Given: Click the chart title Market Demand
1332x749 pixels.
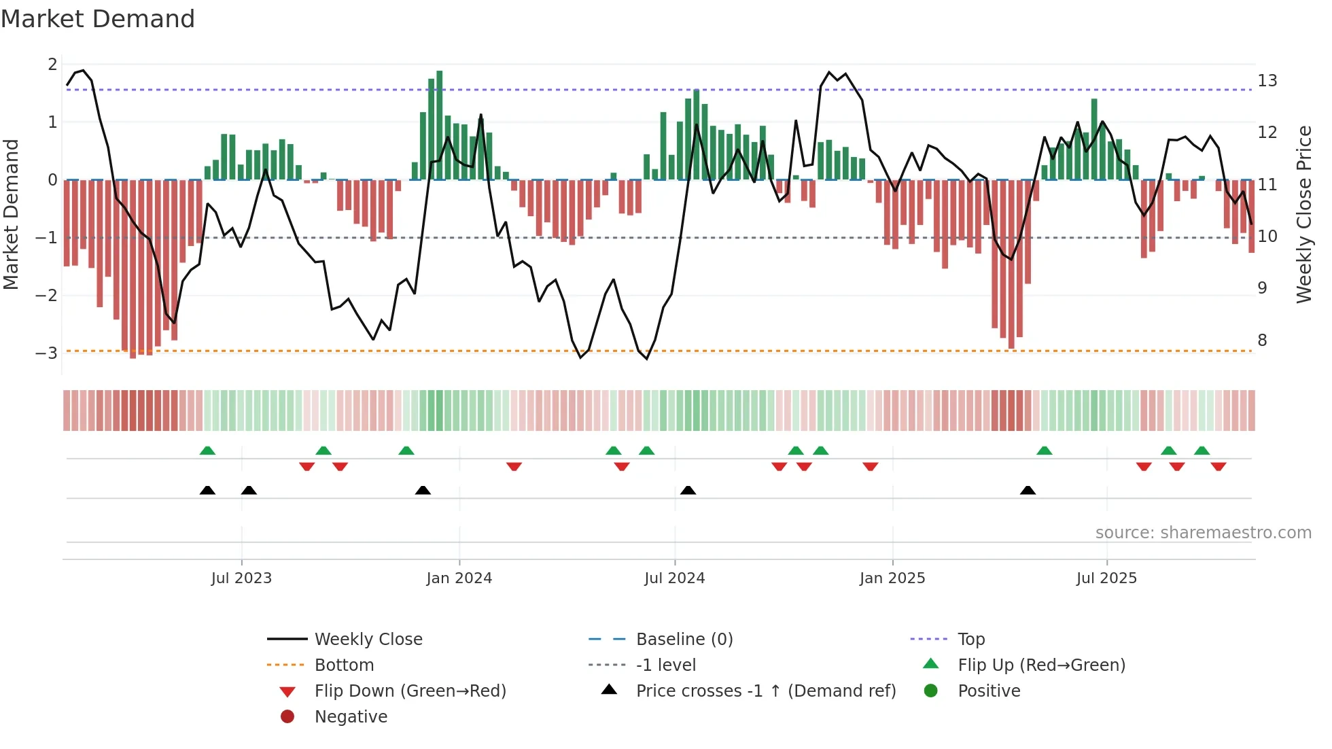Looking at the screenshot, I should pyautogui.click(x=98, y=19).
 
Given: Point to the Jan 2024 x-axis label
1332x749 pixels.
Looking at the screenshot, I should pyautogui.click(x=459, y=578).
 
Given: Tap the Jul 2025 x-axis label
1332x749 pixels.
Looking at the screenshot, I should pyautogui.click(x=1106, y=578).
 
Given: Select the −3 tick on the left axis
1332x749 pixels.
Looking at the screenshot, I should pyautogui.click(x=47, y=353).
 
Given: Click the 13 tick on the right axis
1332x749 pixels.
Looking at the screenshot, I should pyautogui.click(x=1267, y=81).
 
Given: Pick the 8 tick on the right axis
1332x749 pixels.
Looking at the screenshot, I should pyautogui.click(x=1262, y=340).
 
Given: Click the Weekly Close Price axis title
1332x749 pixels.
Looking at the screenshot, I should pyautogui.click(x=1303, y=214).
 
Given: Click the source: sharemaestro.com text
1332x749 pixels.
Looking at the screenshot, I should pyautogui.click(x=1203, y=532).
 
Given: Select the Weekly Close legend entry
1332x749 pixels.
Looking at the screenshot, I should pyautogui.click(x=368, y=639).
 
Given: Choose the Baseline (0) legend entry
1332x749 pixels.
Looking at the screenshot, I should pyautogui.click(x=684, y=639).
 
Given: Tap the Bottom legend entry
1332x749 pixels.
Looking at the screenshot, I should pyautogui.click(x=344, y=665).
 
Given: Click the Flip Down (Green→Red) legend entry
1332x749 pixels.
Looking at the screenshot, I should pyautogui.click(x=410, y=691).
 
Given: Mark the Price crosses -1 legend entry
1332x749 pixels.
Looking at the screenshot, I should pyautogui.click(x=765, y=691).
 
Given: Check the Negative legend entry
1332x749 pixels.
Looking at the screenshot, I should pyautogui.click(x=351, y=716).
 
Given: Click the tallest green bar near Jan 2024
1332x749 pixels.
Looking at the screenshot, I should pyautogui.click(x=440, y=125).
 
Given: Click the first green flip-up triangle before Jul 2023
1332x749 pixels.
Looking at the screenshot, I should pyautogui.click(x=207, y=451).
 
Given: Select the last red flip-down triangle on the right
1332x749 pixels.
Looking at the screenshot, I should pyautogui.click(x=1218, y=466).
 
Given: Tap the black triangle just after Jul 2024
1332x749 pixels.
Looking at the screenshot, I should pyautogui.click(x=688, y=490).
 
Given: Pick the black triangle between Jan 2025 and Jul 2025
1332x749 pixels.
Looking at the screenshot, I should pyautogui.click(x=1028, y=490).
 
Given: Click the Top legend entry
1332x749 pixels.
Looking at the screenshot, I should pyautogui.click(x=970, y=639).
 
